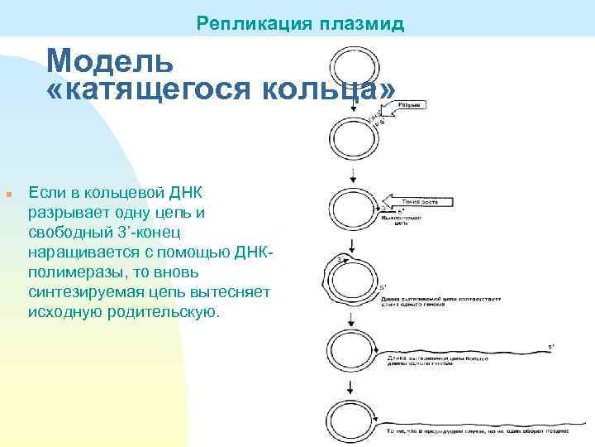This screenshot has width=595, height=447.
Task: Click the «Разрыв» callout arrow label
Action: (x=409, y=106)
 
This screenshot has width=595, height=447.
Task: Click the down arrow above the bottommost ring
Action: (x=353, y=386)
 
